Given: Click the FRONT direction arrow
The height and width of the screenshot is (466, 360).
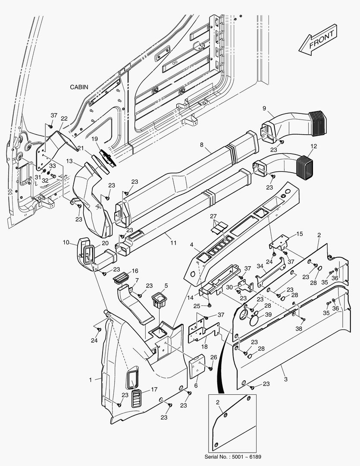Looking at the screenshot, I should point(318,40).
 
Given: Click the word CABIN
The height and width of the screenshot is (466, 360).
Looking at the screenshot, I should point(79,87).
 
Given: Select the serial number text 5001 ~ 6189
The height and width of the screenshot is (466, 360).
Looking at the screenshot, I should point(243,457).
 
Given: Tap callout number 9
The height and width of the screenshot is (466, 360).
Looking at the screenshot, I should point(264,107).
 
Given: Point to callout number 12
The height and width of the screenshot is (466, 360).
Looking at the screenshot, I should point(313,146).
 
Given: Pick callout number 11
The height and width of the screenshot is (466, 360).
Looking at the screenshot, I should point(173,243).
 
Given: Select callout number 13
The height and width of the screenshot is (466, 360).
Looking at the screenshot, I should point(69,161).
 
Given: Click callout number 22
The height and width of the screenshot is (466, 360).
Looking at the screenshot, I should point(64,119).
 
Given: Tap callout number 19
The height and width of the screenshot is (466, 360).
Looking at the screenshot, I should point(94,139).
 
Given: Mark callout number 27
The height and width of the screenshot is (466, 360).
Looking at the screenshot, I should point(213,216).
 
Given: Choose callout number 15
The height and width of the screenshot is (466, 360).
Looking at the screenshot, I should point(300,234).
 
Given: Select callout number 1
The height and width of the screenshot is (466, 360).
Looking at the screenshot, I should point(91,380).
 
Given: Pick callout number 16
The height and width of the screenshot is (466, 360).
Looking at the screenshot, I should point(135,271).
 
